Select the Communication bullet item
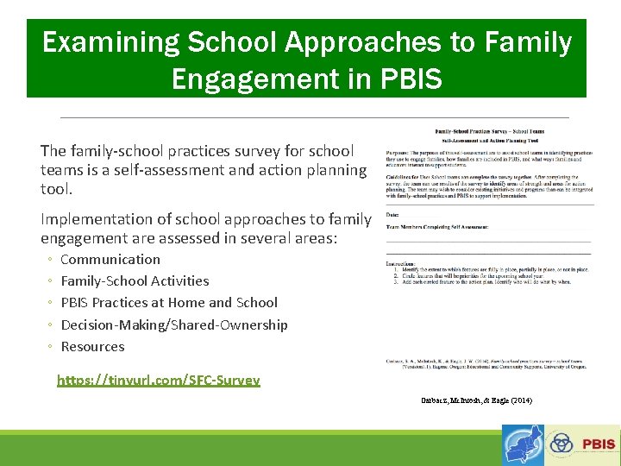pyautogui.click(x=110, y=259)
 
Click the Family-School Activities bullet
pyautogui.click(x=135, y=280)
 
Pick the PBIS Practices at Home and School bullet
pyautogui.click(x=169, y=302)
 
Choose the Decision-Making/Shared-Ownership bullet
pyautogui.click(x=174, y=324)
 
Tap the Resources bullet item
pyautogui.click(x=92, y=346)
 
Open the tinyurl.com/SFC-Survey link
pyautogui.click(x=159, y=380)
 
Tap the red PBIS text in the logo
pyautogui.click(x=599, y=444)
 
